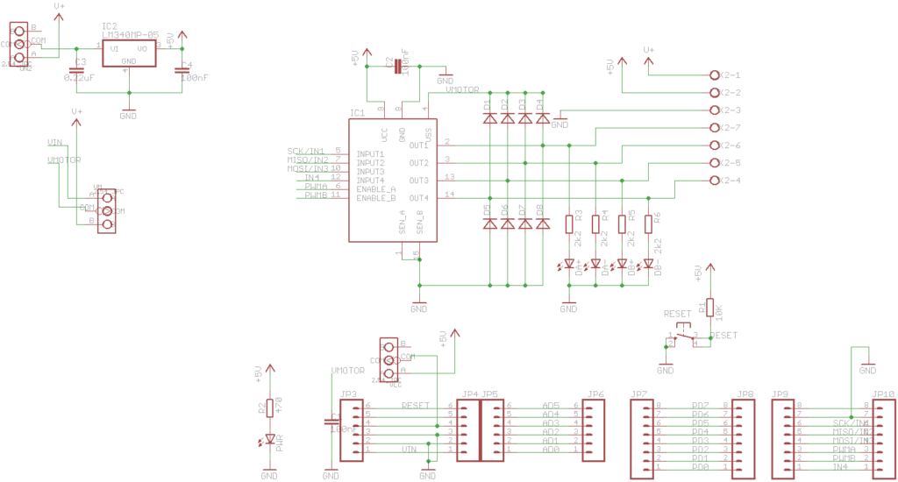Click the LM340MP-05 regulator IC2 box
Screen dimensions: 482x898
128,53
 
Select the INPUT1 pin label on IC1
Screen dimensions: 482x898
369,153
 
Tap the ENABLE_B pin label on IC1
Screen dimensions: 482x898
375,197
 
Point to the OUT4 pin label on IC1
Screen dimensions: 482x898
417,197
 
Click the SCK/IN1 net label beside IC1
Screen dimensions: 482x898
305,152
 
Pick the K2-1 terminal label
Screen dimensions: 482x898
730,75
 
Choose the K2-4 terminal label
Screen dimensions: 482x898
730,181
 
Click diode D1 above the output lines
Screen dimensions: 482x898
488,117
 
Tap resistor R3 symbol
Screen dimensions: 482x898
569,224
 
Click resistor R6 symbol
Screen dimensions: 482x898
648,224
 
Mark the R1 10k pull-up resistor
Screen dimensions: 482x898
709,308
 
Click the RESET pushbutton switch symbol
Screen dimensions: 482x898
683,335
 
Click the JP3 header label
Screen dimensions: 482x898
348,394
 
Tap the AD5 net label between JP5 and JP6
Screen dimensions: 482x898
551,406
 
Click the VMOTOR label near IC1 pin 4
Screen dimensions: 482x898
462,89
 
